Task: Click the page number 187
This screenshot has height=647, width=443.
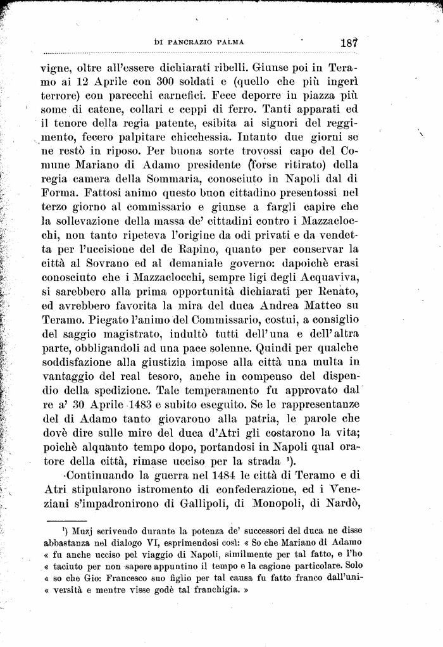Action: (349, 43)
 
